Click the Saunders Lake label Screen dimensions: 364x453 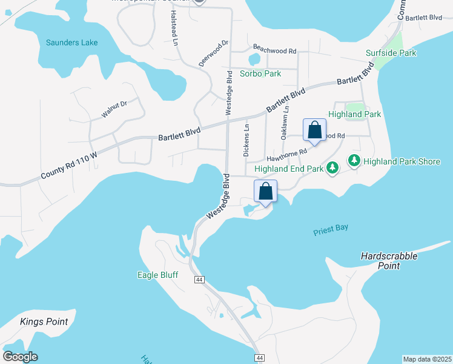click(71, 42)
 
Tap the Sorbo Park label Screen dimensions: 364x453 click(260, 73)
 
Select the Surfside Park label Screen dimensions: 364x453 click(391, 53)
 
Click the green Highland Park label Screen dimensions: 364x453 click(354, 113)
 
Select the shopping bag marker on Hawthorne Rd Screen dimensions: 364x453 click(314, 130)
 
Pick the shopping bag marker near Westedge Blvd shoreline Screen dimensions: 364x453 click(265, 192)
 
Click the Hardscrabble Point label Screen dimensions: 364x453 click(389, 260)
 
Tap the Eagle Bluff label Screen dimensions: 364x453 click(157, 275)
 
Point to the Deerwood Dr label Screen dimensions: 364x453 click(214, 53)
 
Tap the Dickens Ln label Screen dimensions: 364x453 click(246, 140)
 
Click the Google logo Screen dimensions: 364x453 click(20, 356)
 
